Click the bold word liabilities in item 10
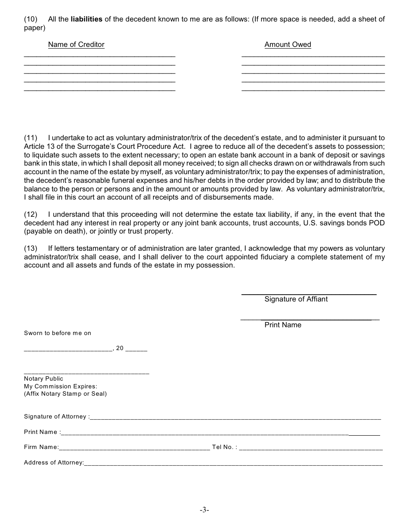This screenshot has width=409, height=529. point(86,19)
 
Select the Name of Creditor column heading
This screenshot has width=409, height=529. point(76,45)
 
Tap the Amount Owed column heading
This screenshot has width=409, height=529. point(288,45)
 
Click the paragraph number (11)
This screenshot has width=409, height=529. point(31,138)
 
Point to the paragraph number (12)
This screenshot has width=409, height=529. point(31,215)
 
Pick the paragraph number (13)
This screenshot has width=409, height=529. point(31,249)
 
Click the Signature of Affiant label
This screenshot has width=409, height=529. point(296,299)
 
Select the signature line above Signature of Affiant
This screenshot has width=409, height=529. point(309,294)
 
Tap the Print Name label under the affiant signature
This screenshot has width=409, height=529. point(282,325)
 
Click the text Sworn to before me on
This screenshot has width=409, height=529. point(58,333)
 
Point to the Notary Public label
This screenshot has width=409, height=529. point(43,379)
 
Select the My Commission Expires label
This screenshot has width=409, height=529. point(61,386)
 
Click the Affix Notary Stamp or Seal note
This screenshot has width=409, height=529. point(65,394)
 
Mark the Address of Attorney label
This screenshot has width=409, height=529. point(54,463)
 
